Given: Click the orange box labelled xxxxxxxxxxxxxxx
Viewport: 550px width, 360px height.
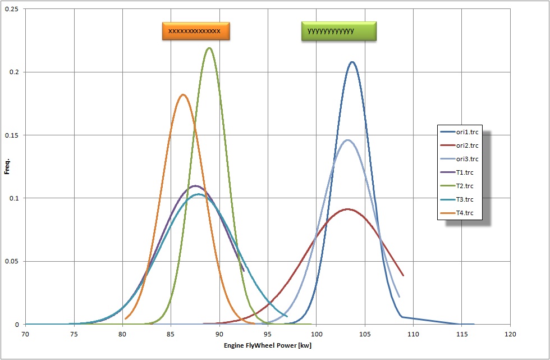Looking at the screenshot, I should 196,31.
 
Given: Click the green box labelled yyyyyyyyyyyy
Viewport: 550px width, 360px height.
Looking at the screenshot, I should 338,31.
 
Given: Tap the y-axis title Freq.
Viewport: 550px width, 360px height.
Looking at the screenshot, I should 7,167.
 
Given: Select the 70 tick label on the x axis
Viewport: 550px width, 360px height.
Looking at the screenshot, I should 25,334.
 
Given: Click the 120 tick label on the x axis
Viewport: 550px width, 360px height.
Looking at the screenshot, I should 510,334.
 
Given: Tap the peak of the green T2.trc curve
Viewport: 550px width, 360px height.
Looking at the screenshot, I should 209,48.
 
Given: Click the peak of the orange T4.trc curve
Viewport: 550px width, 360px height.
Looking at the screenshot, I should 183,94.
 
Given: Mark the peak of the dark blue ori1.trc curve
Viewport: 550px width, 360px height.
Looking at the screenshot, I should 352,62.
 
